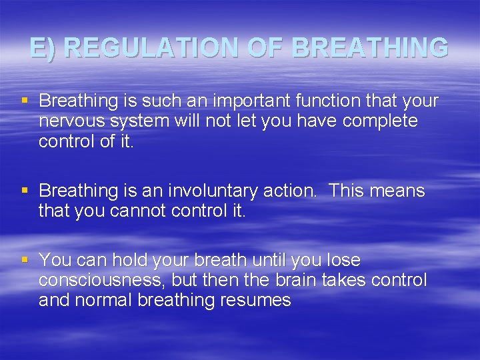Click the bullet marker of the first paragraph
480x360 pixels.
(x=25, y=101)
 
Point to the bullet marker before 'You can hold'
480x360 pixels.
(x=25, y=259)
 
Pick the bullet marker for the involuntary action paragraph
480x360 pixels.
(x=25, y=191)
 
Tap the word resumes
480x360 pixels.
(x=262, y=301)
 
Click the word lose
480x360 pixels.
(x=343, y=259)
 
